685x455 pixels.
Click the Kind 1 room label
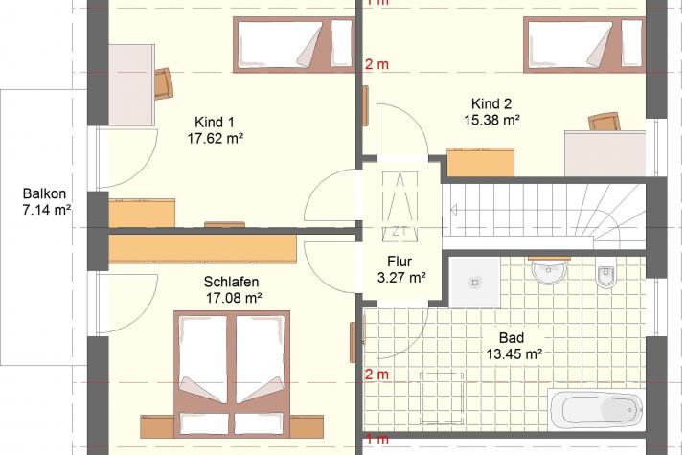pyautogui.click(x=215, y=122)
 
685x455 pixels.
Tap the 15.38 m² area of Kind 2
pyautogui.click(x=491, y=120)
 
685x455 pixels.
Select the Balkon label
pyautogui.click(x=45, y=193)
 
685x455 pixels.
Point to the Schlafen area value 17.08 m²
pyautogui.click(x=234, y=298)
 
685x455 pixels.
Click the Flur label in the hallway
pyautogui.click(x=400, y=262)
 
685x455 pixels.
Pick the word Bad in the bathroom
pyautogui.click(x=512, y=337)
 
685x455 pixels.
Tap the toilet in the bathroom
pyautogui.click(x=605, y=276)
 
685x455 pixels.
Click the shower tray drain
pyautogui.click(x=475, y=283)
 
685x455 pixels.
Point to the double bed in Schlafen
pyautogui.click(x=232, y=374)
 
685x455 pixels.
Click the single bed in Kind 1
pyautogui.click(x=293, y=45)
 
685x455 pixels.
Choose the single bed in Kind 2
pyautogui.click(x=584, y=45)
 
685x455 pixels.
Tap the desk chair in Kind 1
pyautogui.click(x=163, y=83)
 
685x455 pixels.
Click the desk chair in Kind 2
pyautogui.click(x=605, y=122)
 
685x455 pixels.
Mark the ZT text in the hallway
pyautogui.click(x=397, y=232)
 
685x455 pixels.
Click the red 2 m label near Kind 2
pyautogui.click(x=377, y=64)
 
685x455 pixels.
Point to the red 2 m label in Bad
pyautogui.click(x=377, y=375)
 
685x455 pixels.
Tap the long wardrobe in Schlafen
pyautogui.click(x=203, y=249)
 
